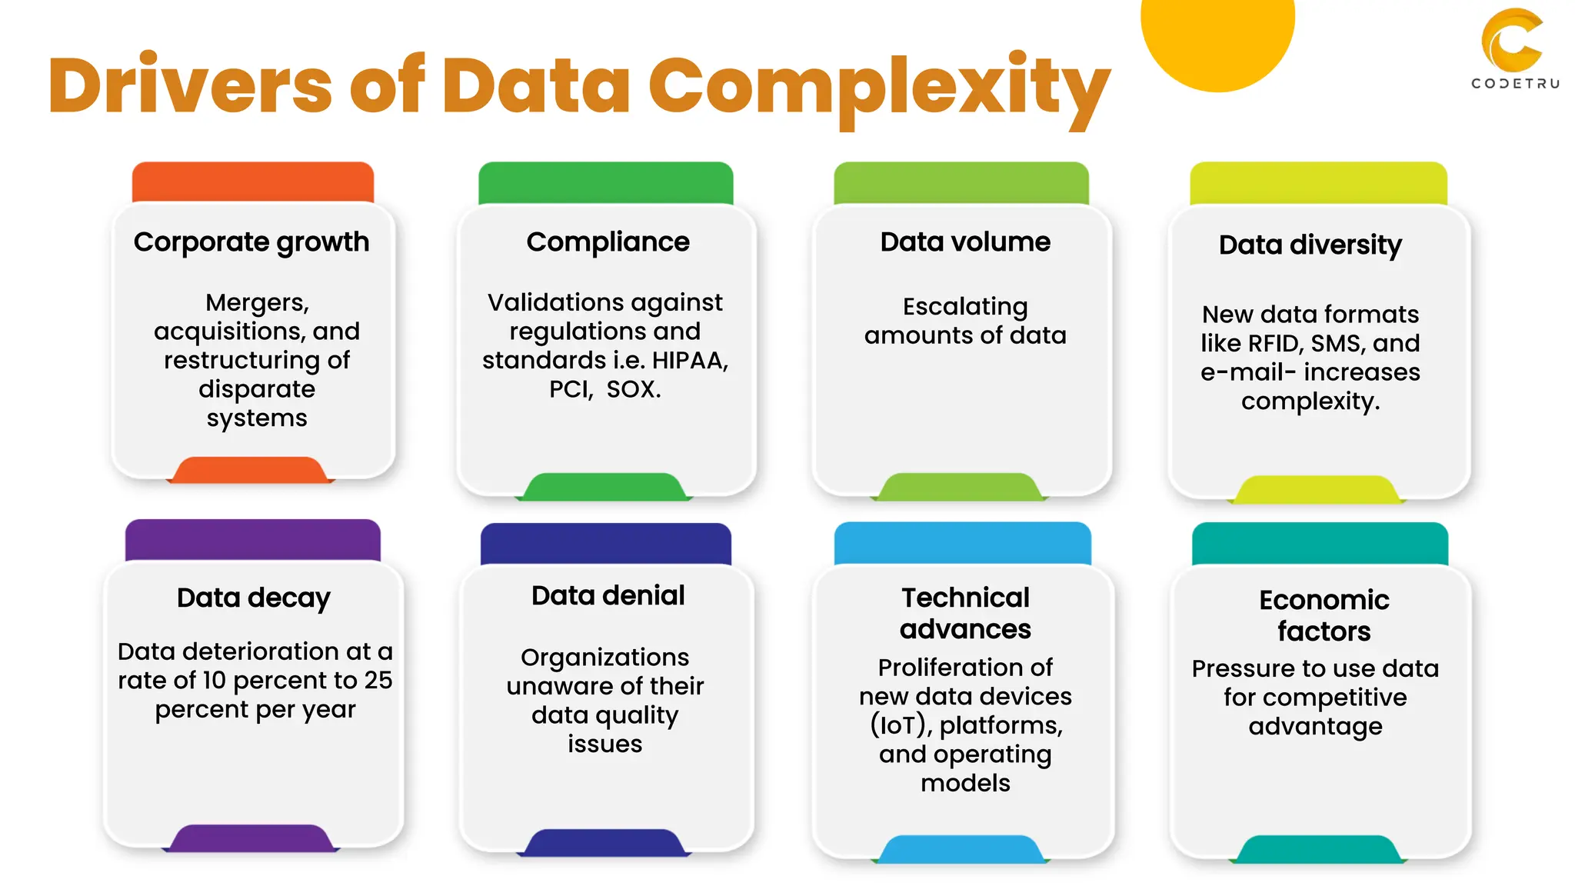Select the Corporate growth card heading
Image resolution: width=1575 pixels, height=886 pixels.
click(x=251, y=242)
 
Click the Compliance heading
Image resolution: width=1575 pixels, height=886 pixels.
click(x=608, y=242)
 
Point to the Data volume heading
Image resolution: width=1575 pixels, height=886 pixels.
click(x=965, y=242)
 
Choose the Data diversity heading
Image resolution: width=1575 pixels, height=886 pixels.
click(x=1310, y=245)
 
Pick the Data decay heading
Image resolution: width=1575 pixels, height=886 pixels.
click(x=254, y=598)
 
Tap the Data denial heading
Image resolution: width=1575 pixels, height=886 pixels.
click(x=608, y=595)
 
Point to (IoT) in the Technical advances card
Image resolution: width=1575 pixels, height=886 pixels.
click(x=899, y=725)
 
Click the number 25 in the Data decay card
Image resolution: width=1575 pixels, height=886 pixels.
click(x=378, y=681)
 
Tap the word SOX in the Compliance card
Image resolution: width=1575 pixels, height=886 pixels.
click(x=631, y=389)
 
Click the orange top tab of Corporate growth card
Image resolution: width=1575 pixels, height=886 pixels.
click(x=253, y=182)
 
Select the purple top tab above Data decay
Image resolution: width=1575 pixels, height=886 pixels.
click(x=253, y=540)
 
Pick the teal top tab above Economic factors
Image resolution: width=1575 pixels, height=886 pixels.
click(x=1320, y=544)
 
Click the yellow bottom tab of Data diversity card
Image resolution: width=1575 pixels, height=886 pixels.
click(x=1317, y=490)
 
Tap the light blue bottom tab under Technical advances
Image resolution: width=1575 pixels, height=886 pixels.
click(x=962, y=849)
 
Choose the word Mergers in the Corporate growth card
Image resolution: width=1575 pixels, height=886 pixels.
click(x=257, y=302)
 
